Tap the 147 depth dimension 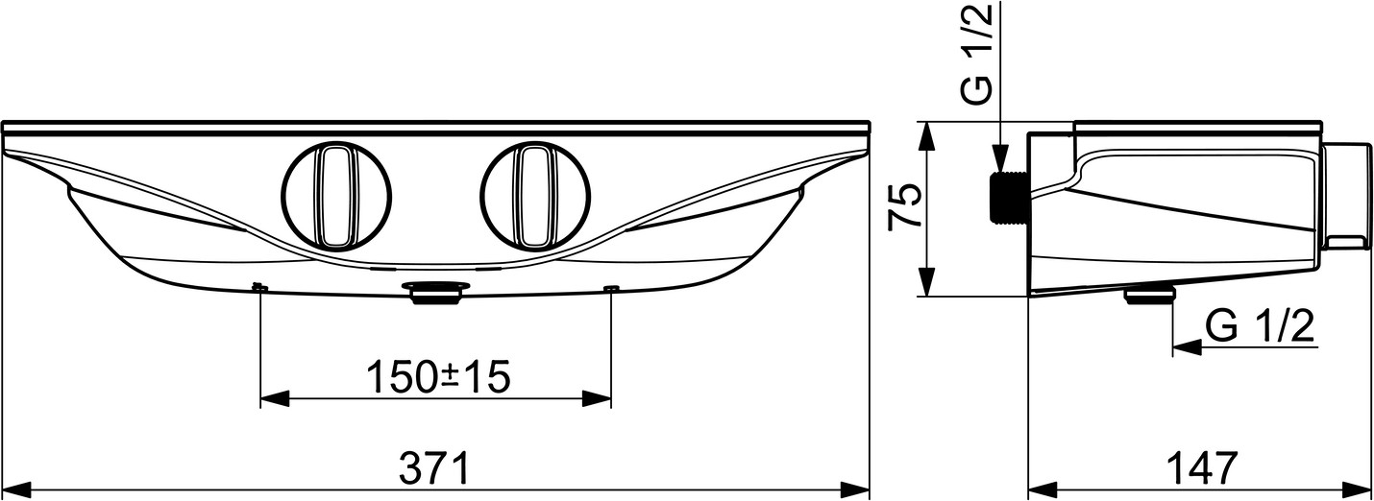coord(1201,468)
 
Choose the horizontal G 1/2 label coord(1260,325)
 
